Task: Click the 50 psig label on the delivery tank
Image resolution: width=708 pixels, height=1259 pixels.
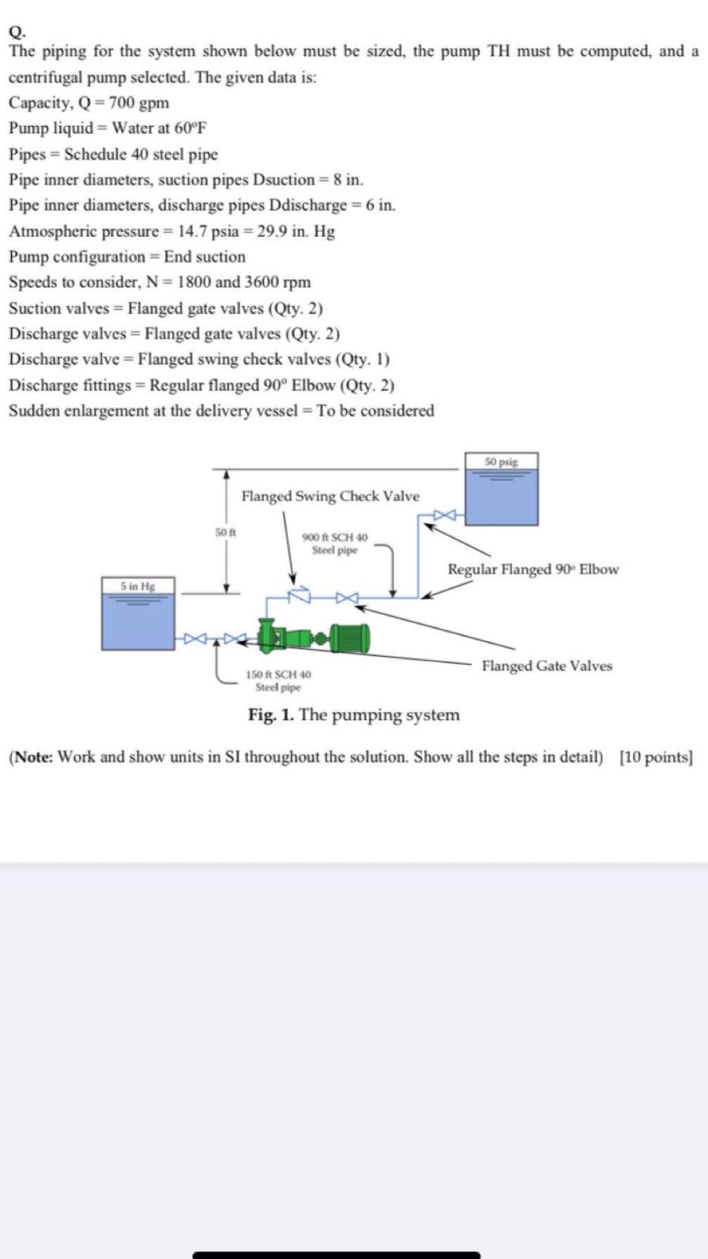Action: tap(501, 462)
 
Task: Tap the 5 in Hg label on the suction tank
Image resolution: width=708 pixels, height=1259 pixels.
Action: tap(138, 586)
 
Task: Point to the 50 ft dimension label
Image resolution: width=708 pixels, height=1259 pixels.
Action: tap(226, 533)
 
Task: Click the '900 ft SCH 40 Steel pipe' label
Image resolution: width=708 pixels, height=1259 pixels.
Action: tap(334, 544)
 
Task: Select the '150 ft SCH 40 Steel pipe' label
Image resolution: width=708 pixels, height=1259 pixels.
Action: tap(278, 681)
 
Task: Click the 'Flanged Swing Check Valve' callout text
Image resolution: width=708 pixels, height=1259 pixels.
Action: tap(330, 497)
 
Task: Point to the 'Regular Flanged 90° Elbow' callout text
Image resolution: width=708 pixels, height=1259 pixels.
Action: tap(533, 570)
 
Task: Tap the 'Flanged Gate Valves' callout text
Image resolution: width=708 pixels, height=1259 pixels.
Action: tap(547, 666)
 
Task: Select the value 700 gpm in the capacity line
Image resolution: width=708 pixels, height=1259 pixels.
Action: tap(138, 103)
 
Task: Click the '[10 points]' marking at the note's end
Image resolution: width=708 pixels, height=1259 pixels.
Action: tap(656, 758)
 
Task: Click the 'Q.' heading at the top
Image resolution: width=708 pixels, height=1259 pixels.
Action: tap(17, 31)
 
